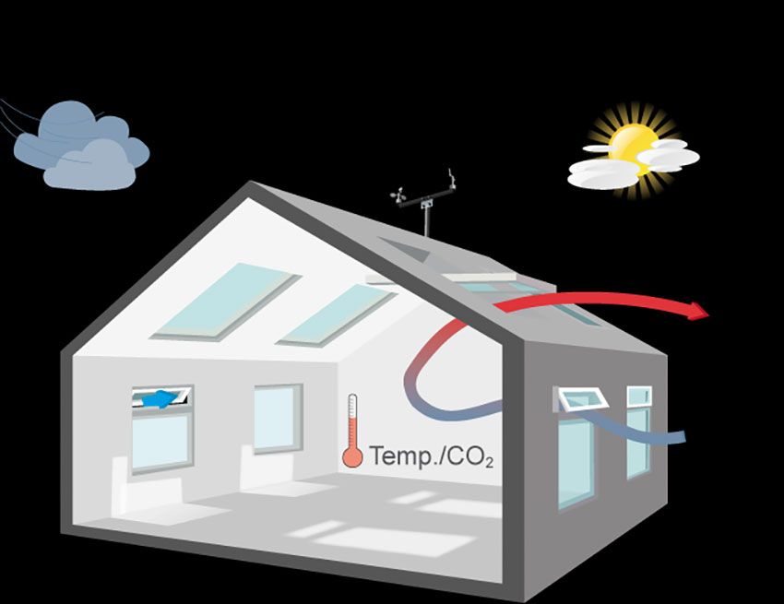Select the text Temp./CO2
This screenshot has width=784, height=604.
(431, 455)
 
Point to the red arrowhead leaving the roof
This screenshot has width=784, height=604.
(699, 312)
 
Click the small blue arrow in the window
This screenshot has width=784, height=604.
(161, 399)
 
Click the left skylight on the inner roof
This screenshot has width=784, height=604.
(227, 300)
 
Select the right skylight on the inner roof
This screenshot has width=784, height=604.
(337, 314)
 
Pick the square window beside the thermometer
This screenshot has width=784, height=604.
(278, 419)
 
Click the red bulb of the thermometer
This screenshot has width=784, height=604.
(351, 456)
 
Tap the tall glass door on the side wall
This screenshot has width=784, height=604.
(576, 461)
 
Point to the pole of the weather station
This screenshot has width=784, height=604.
(426, 220)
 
